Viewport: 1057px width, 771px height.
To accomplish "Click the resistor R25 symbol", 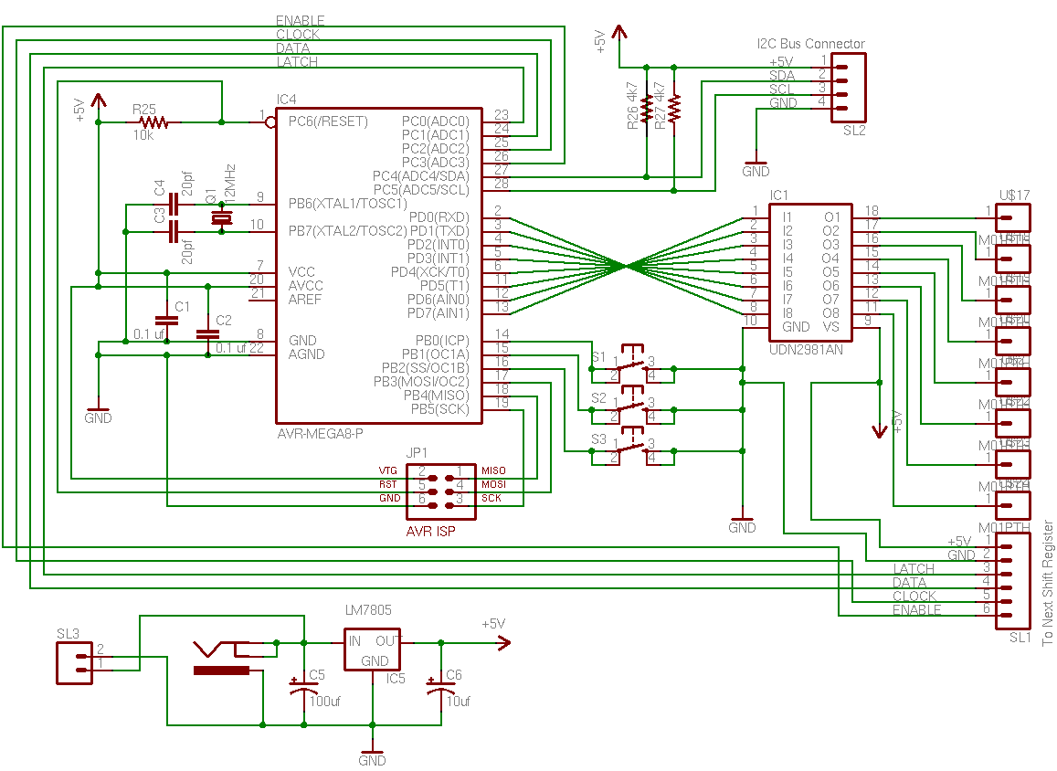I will [x=152, y=121].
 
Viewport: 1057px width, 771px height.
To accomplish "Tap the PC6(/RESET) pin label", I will [x=327, y=121].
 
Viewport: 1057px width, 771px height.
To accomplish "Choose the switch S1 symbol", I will [x=630, y=366].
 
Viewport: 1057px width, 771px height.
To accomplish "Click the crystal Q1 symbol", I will [x=220, y=217].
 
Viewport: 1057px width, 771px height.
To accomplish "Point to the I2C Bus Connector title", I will [x=810, y=44].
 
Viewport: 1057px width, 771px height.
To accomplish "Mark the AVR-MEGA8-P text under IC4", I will [x=321, y=434].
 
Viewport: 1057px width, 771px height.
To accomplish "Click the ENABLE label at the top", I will [x=300, y=20].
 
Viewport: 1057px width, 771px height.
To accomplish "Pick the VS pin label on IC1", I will [x=830, y=326].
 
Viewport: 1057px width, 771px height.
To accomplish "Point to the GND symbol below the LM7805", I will [x=372, y=751].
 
